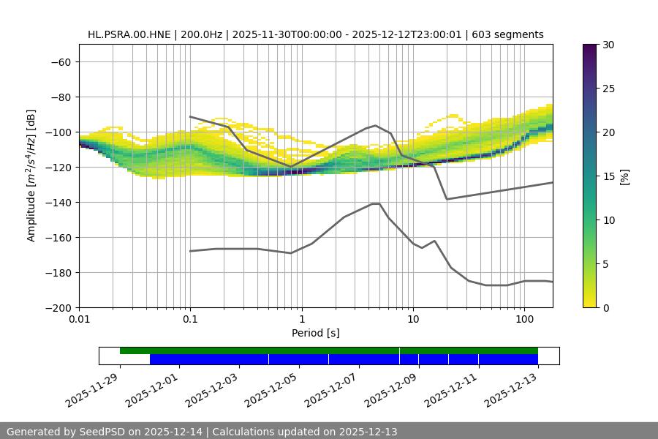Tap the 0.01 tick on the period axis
(79, 320)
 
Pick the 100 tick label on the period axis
(523, 320)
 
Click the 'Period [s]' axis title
(316, 333)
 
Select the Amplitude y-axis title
(31, 176)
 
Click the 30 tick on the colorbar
(608, 45)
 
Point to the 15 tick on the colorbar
(608, 176)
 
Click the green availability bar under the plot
(329, 350)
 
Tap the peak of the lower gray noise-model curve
(376, 203)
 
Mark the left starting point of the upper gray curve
(190, 116)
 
